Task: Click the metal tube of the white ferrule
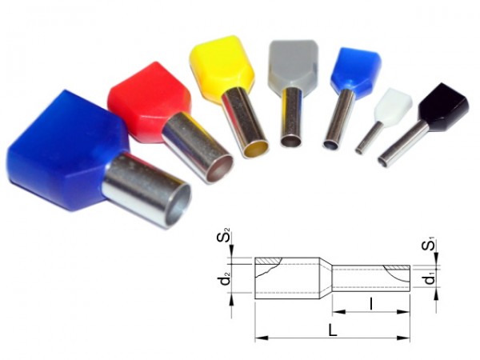coord(369,137)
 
